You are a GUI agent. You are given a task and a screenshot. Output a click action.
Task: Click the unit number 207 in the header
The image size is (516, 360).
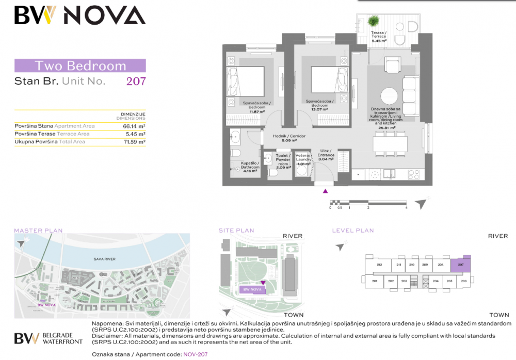pos(136,81)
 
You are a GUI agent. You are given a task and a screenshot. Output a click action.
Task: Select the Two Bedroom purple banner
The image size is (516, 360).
pos(80,66)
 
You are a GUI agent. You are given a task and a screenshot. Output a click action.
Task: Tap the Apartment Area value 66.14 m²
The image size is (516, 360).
pos(134,126)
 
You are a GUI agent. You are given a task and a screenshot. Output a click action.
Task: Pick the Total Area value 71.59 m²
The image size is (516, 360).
pos(134,141)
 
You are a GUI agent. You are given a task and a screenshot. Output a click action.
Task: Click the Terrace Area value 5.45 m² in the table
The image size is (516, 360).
pos(135,134)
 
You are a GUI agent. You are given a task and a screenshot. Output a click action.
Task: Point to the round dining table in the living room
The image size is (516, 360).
pos(390,96)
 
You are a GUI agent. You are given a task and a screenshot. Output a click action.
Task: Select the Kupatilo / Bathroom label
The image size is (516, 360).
pos(250,167)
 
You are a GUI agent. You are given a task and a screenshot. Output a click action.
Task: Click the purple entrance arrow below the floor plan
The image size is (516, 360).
pos(325,192)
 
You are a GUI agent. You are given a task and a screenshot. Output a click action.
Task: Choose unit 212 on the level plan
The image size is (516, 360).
pos(379,265)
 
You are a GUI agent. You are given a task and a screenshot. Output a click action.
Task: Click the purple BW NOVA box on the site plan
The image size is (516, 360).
pos(252,290)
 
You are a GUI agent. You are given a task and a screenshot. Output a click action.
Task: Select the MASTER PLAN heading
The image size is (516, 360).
pos(38,231)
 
